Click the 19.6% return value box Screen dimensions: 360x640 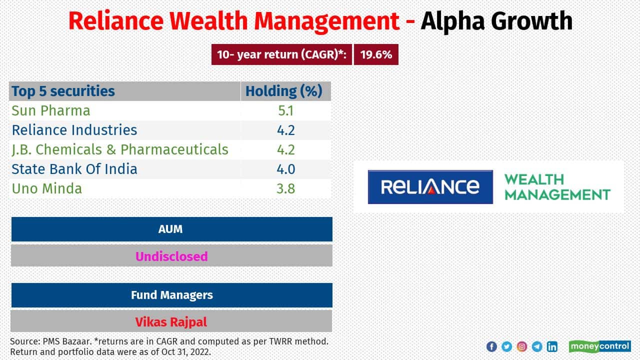[x=376, y=55]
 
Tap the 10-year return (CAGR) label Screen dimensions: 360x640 [x=281, y=55]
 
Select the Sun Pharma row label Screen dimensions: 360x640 [x=51, y=110]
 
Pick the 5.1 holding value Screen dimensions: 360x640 [x=286, y=110]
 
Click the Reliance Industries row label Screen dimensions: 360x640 [x=74, y=130]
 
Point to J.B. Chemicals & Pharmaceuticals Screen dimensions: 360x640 [x=120, y=149]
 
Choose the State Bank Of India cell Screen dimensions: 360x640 [x=74, y=169]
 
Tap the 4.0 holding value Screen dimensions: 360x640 [x=286, y=169]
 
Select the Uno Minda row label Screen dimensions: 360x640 [x=47, y=188]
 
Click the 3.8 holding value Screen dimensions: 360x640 [x=286, y=188]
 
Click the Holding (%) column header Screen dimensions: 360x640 [x=284, y=91]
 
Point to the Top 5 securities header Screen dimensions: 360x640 [x=63, y=91]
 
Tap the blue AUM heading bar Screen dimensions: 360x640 [x=171, y=229]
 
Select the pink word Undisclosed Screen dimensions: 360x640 [x=171, y=256]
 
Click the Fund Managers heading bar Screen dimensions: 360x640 [x=171, y=295]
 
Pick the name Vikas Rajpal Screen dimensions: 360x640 [x=171, y=322]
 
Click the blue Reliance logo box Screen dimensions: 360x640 [x=430, y=187]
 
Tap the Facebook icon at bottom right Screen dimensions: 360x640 [x=491, y=346]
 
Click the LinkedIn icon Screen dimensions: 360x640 [x=552, y=346]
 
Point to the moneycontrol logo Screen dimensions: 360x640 [x=599, y=346]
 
